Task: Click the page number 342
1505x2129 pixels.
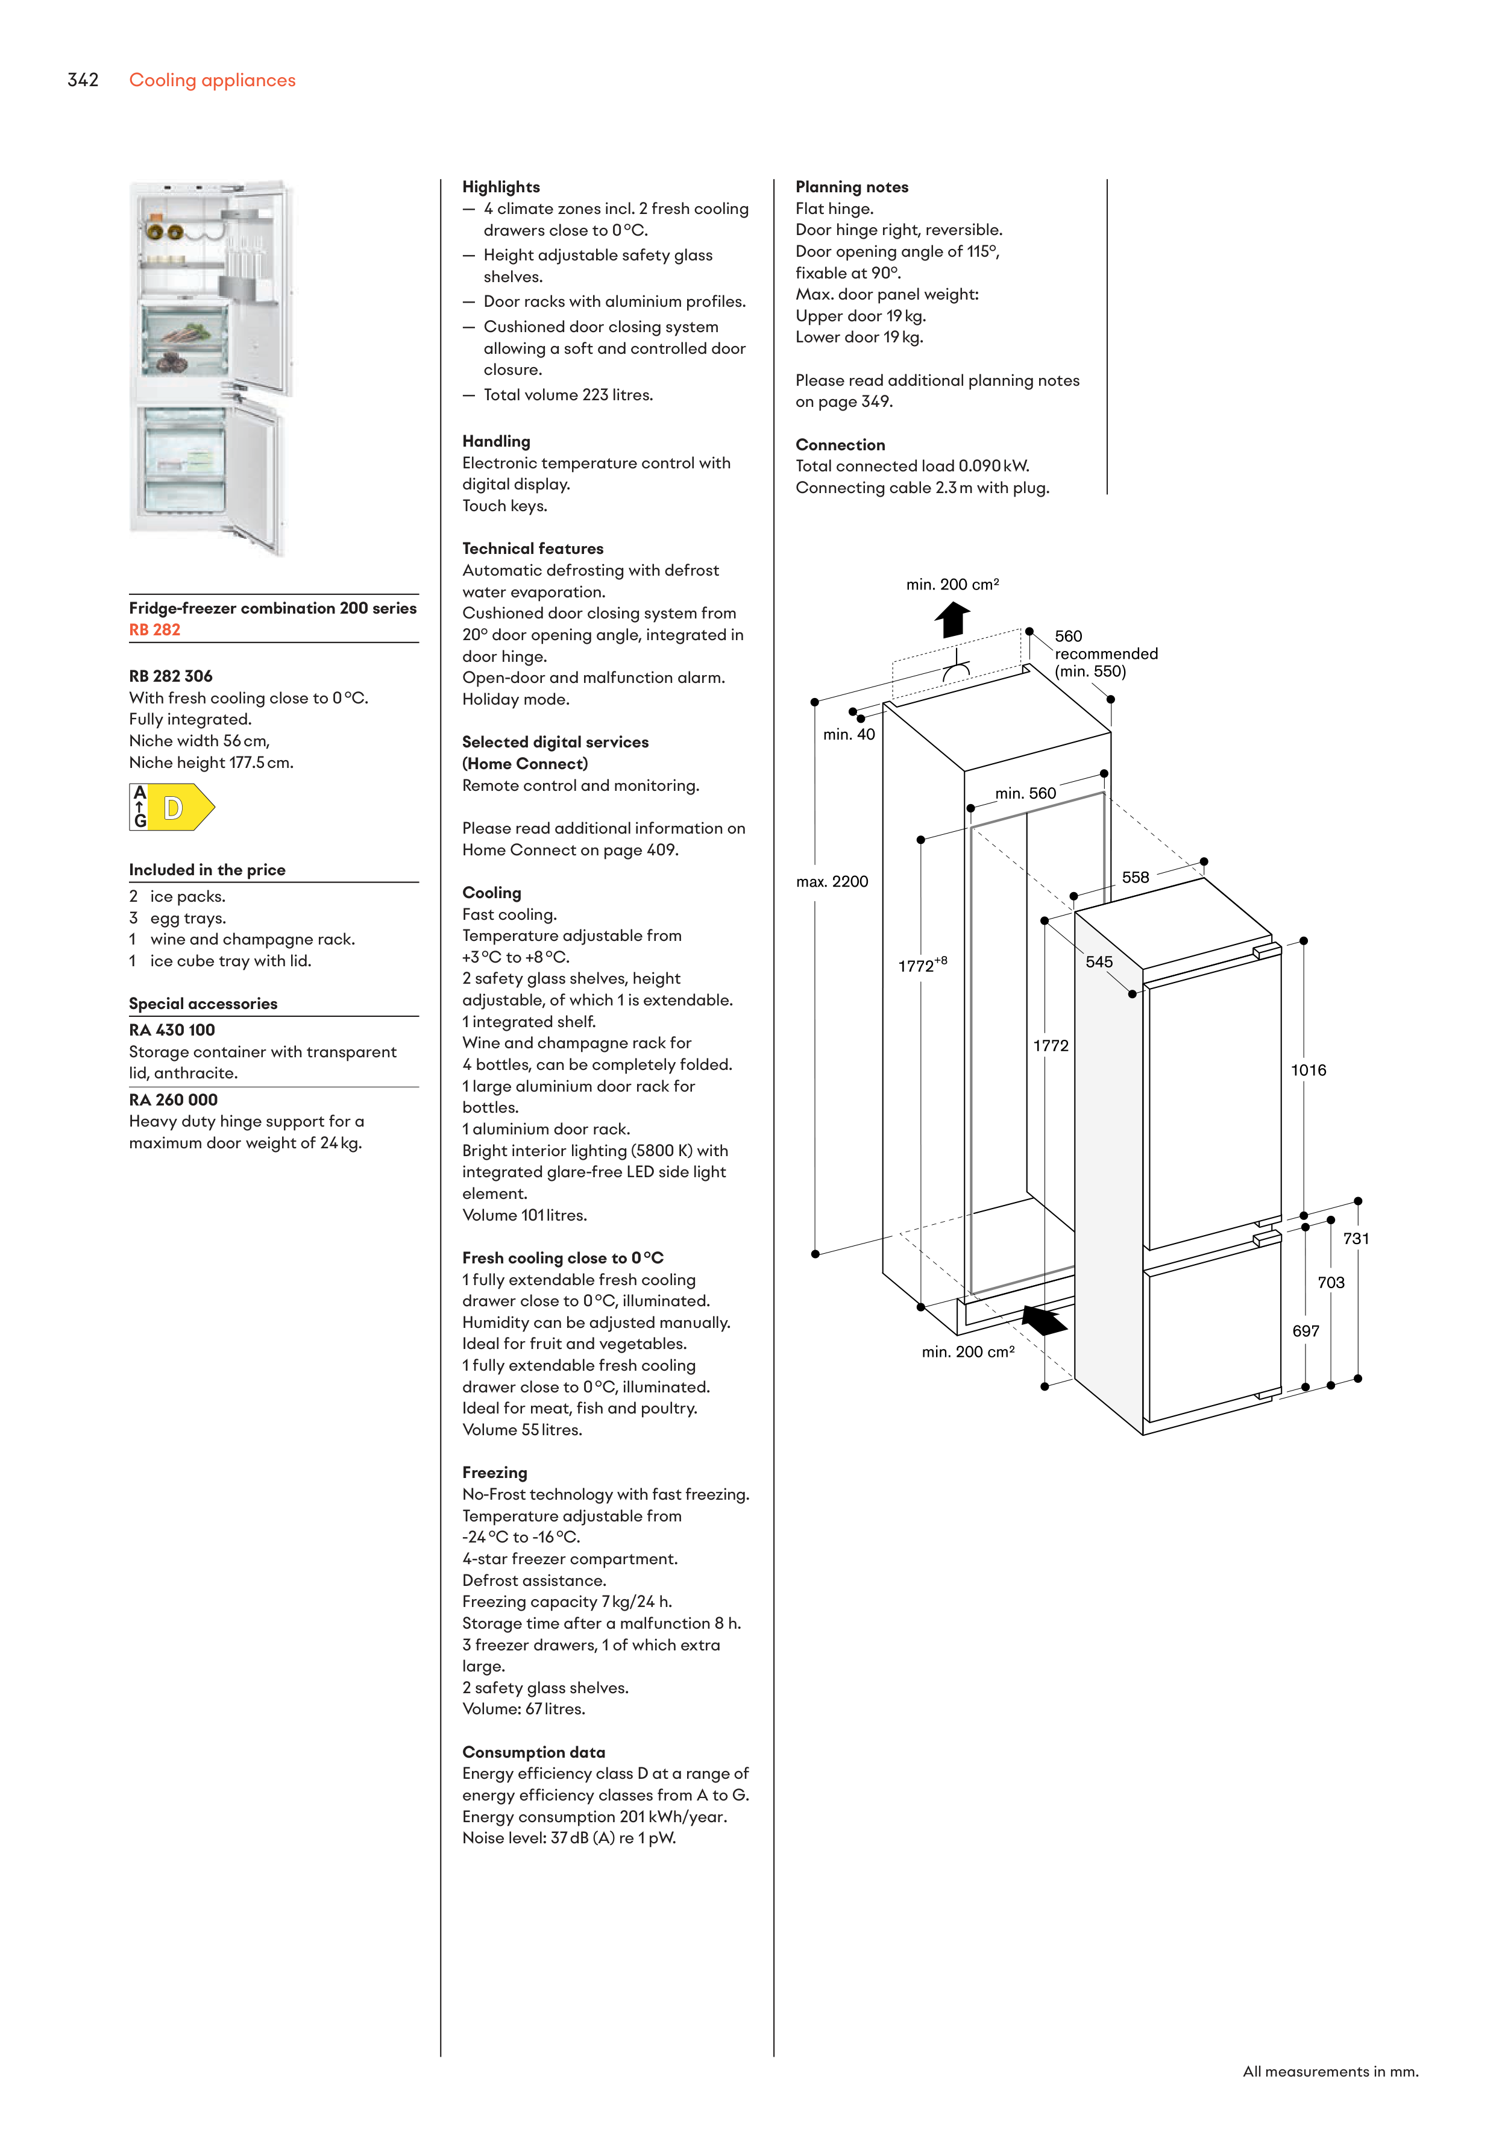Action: coord(83,80)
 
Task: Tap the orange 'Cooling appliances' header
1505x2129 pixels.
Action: coord(212,81)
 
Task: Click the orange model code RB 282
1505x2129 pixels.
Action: coord(155,630)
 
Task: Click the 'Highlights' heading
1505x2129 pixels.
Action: coord(501,186)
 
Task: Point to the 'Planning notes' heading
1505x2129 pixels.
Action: coord(851,186)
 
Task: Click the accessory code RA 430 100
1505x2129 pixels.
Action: coord(172,1030)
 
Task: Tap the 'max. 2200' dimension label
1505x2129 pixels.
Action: coord(832,881)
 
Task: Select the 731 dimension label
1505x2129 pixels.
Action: coord(1356,1238)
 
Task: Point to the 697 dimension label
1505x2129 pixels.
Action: coord(1305,1331)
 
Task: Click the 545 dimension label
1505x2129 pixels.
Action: coord(1099,961)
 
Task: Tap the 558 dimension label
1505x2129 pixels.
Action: coord(1135,877)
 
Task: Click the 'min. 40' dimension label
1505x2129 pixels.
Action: coord(849,734)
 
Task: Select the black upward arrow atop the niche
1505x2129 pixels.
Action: coord(952,618)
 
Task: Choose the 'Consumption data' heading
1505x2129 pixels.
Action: coord(533,1752)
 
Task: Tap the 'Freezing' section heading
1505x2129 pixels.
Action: coord(494,1471)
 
